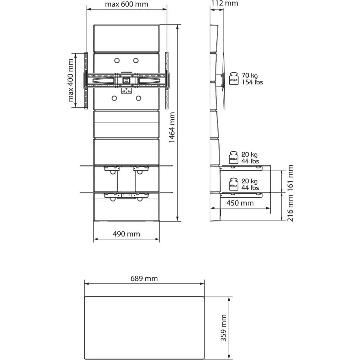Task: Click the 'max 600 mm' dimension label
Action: point(126,4)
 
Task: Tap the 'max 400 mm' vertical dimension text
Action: point(71,80)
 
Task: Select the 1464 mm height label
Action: point(172,127)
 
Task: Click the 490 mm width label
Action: point(126,234)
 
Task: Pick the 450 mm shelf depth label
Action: point(240,203)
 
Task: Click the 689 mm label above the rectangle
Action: point(144,279)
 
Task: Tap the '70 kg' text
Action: point(249,76)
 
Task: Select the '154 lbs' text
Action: point(252,82)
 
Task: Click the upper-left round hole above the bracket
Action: point(117,60)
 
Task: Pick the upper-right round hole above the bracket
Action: point(136,60)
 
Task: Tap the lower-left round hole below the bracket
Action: point(114,98)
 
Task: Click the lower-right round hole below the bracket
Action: point(139,98)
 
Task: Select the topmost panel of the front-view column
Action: point(126,38)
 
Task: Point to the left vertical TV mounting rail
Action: point(86,81)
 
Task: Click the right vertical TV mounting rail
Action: point(167,81)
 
